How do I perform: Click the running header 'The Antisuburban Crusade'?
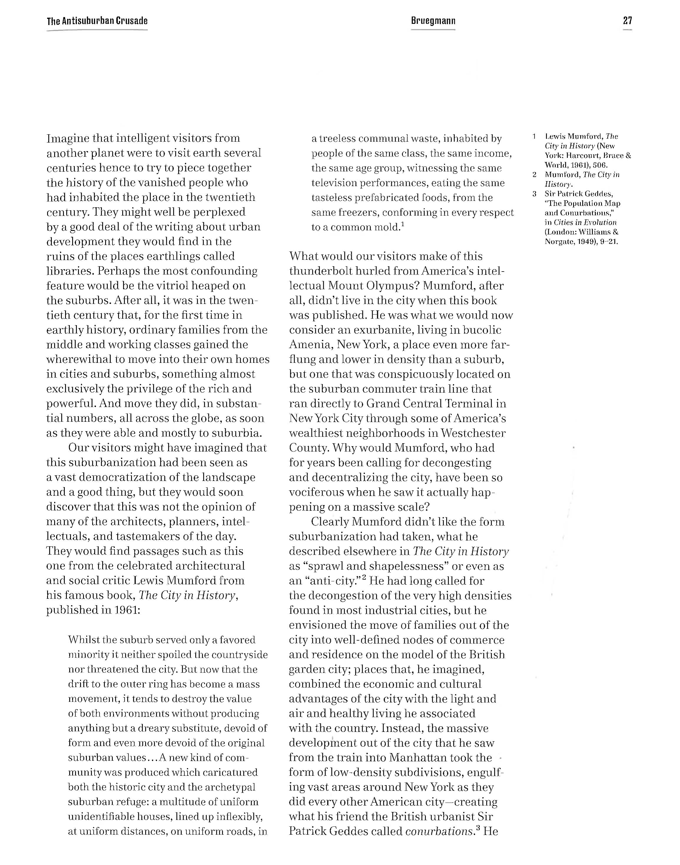[x=97, y=21]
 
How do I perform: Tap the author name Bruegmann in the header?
[x=433, y=21]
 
